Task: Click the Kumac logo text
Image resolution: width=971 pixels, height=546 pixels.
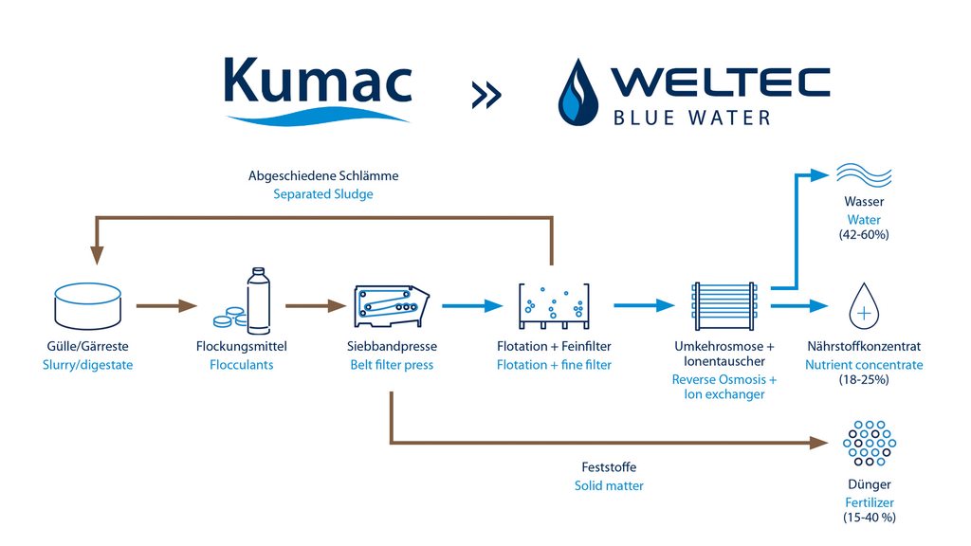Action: coord(317,82)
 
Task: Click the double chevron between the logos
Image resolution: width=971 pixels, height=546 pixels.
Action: coord(485,95)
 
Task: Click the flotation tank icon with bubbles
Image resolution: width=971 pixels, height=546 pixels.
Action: coord(554,304)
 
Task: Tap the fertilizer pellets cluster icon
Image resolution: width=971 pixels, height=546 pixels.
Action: coord(869,443)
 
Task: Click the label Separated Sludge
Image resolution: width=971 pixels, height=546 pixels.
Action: coord(323,194)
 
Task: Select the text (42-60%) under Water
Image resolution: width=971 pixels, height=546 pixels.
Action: coord(864,235)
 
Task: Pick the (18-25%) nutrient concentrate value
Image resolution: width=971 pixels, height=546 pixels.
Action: coord(863,380)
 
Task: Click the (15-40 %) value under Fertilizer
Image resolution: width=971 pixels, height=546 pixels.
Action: coord(869,518)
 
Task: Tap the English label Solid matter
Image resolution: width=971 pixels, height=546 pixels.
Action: coord(609,485)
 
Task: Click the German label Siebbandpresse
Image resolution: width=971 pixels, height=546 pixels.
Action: coord(392,347)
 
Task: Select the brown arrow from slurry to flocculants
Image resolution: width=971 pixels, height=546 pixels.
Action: coord(166,306)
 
